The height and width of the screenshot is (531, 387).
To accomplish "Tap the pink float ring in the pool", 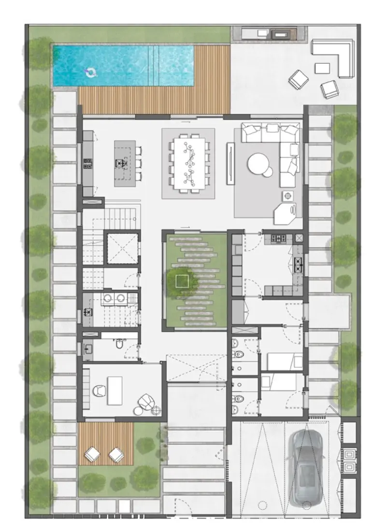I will coord(90,73).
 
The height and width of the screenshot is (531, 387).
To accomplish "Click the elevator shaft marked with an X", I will coord(122,248).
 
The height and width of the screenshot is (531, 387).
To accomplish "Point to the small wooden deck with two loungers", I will coord(106,444).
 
